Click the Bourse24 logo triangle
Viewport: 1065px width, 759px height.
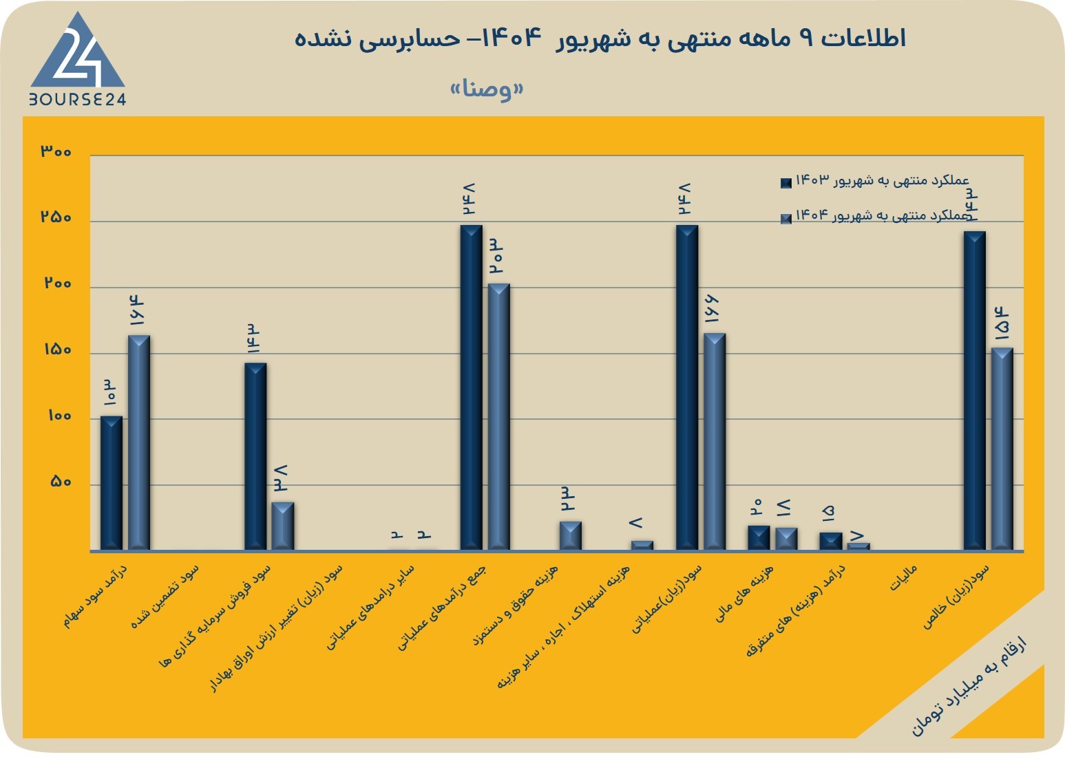click(x=78, y=52)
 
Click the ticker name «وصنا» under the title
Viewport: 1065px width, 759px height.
click(x=487, y=88)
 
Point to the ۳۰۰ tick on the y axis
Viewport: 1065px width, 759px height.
click(x=56, y=151)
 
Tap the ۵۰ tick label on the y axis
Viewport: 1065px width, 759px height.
click(x=61, y=482)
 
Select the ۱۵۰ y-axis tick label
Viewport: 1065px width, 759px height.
click(x=58, y=350)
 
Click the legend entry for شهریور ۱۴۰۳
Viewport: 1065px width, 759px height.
click(x=875, y=180)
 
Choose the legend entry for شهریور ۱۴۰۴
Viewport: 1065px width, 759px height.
click(x=875, y=216)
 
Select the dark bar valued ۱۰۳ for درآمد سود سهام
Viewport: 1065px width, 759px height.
click(x=112, y=483)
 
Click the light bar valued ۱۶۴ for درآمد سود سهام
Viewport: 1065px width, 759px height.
click(x=139, y=443)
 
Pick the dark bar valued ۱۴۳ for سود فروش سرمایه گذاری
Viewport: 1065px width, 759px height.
click(x=255, y=457)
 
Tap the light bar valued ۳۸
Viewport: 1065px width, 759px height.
click(x=283, y=526)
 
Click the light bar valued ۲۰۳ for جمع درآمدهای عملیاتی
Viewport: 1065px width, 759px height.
click(x=498, y=417)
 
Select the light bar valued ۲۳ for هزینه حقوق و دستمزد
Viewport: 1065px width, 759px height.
click(x=571, y=535)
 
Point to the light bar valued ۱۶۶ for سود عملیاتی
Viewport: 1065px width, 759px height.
click(x=715, y=442)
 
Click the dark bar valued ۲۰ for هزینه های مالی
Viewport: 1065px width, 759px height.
click(x=759, y=538)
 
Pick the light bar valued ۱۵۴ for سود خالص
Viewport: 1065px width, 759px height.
click(x=1002, y=449)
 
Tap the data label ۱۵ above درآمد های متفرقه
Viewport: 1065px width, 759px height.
click(x=827, y=513)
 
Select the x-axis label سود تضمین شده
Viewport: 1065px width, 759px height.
click(x=165, y=597)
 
